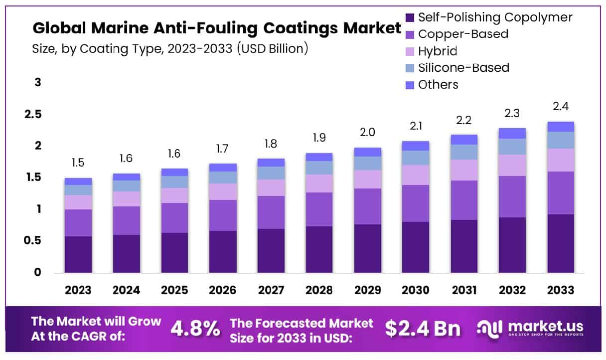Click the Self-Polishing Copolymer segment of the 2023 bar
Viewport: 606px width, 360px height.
pos(78,254)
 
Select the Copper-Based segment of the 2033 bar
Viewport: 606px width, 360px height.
pos(561,193)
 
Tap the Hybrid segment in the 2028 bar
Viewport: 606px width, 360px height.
pos(319,183)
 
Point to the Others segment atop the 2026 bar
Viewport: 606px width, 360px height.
pos(223,168)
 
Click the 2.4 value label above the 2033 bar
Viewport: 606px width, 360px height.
pos(561,106)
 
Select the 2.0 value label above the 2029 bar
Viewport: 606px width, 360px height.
pos(368,132)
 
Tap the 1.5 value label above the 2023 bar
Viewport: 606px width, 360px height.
pos(78,163)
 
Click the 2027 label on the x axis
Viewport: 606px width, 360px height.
pos(271,290)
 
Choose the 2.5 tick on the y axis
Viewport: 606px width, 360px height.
pos(33,115)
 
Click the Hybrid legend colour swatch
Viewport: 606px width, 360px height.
pos(410,51)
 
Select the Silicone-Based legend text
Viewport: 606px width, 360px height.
pos(463,67)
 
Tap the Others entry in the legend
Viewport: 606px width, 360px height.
pos(438,84)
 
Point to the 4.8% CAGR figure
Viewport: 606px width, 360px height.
pos(195,328)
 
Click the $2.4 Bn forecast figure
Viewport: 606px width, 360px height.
pos(423,328)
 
